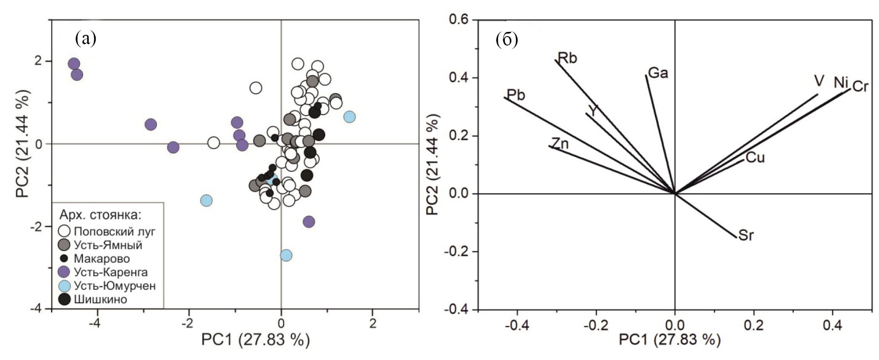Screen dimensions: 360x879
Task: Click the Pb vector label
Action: point(516,94)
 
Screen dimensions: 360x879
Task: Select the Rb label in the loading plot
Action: point(567,58)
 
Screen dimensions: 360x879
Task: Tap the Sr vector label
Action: point(746,235)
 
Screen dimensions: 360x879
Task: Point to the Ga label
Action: point(658,73)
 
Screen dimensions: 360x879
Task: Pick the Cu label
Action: point(755,158)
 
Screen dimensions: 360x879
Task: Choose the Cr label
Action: point(860,87)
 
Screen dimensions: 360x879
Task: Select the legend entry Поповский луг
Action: point(115,231)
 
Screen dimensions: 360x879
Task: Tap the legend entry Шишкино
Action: point(100,299)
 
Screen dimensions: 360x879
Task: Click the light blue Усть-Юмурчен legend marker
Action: point(64,286)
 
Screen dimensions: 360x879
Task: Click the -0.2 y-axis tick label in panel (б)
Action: point(456,252)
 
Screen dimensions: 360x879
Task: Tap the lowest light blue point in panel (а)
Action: point(286,255)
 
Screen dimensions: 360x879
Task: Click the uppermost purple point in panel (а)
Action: point(74,64)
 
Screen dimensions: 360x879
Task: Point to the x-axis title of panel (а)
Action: point(255,340)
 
